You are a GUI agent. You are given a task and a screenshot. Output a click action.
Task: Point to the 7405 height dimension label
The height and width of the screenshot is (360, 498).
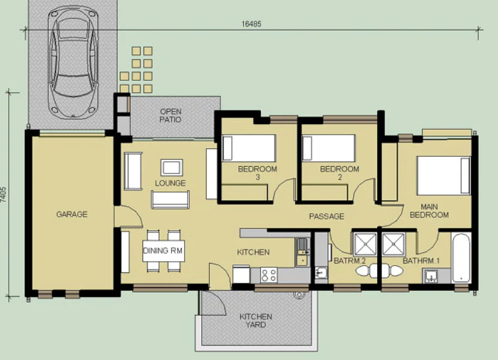tap(5, 193)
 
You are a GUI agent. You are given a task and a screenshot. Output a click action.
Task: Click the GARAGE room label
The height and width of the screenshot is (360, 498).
tap(72, 215)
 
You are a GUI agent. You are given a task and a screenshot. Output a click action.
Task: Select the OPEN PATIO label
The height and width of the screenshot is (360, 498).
tap(170, 115)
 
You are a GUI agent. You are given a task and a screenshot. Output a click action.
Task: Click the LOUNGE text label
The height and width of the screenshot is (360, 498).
tap(170, 183)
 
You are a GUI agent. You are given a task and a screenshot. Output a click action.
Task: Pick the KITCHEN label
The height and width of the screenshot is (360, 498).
tap(254, 253)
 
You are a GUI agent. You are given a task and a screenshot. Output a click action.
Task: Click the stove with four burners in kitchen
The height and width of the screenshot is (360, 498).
tap(269, 275)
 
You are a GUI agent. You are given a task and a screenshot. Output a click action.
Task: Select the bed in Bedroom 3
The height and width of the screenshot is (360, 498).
tap(249, 148)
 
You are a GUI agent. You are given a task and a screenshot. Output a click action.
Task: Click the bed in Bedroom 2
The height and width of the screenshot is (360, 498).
tap(328, 148)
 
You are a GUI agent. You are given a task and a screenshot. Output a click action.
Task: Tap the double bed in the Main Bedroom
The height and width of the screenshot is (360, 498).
tap(444, 175)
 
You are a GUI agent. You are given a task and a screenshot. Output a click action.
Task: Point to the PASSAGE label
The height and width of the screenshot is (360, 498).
tap(326, 216)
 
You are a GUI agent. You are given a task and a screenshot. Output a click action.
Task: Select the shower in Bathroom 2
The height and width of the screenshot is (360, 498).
tap(363, 244)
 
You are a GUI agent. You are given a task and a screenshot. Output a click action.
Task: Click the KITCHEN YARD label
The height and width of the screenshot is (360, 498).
tap(255, 320)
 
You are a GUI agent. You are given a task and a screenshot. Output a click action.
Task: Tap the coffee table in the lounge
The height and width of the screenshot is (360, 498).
tap(171, 167)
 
